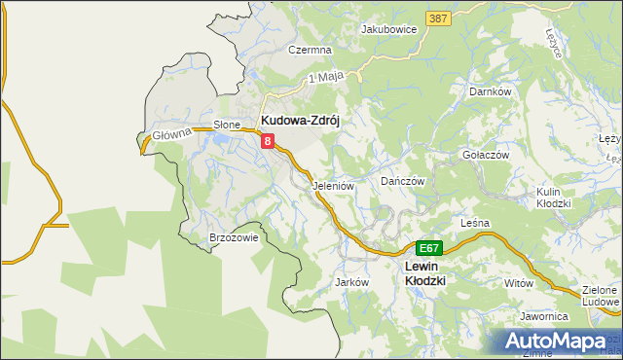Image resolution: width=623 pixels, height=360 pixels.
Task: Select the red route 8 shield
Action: coord(267,142)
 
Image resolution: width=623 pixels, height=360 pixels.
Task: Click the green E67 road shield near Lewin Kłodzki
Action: coord(430,248)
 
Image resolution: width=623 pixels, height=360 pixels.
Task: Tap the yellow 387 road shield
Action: coord(438,18)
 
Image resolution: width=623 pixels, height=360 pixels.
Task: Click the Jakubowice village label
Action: coord(388,30)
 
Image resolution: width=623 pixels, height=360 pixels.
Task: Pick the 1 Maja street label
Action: coord(327,76)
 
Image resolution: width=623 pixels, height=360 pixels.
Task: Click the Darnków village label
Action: coord(490,91)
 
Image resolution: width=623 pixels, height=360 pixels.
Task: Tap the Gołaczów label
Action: coord(487,155)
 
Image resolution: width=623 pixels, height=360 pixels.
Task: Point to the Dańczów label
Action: coord(403,181)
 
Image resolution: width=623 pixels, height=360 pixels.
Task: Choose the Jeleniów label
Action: coord(332,185)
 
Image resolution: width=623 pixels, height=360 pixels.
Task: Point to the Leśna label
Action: coord(474,223)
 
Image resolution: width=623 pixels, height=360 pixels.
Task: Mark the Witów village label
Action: coord(520,282)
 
